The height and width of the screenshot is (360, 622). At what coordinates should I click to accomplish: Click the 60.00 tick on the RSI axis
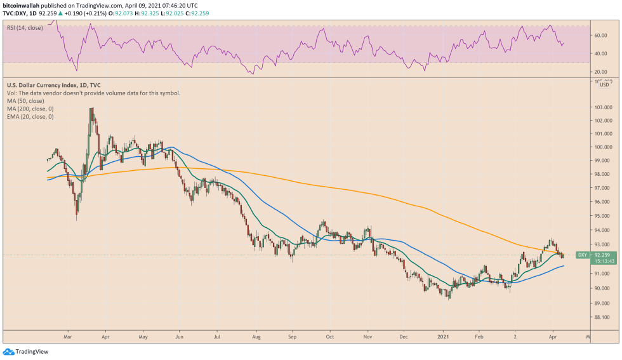(x=600, y=36)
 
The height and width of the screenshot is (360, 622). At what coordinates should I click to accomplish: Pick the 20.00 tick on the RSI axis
(x=600, y=72)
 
